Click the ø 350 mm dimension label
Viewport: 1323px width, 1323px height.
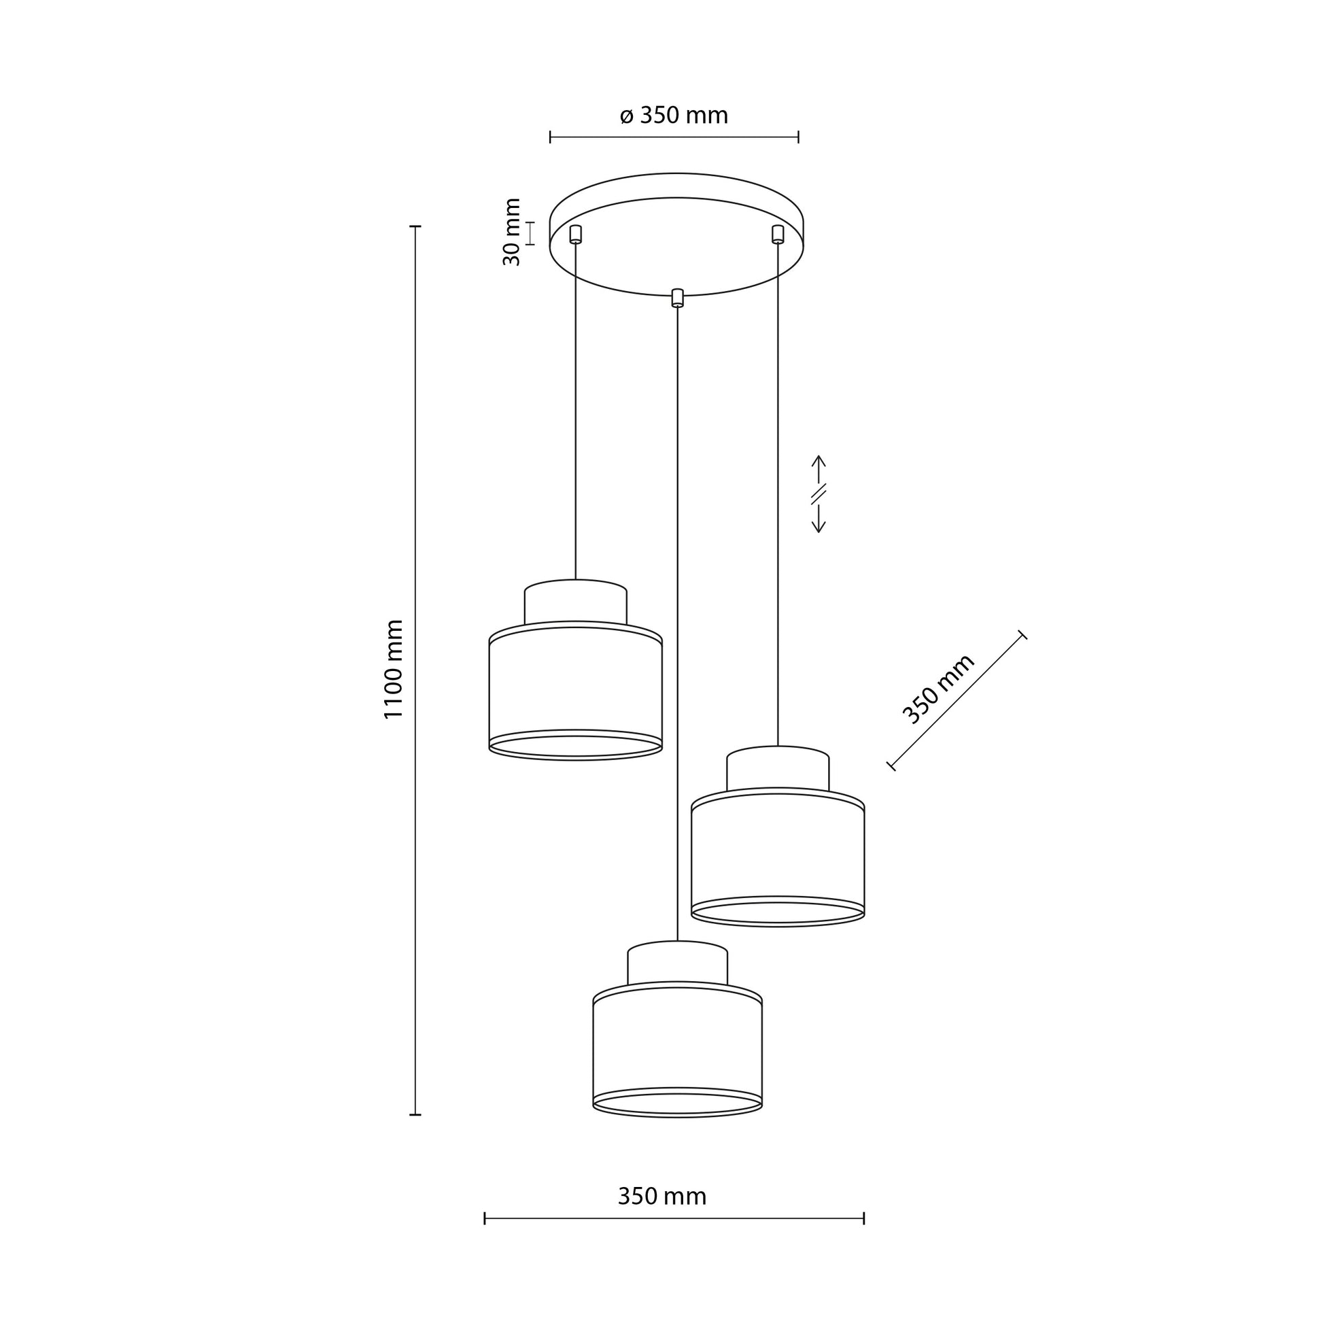click(x=674, y=116)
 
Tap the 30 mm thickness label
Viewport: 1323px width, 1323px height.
click(x=512, y=232)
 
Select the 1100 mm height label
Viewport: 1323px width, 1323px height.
click(x=394, y=669)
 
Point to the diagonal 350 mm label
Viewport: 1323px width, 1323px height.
click(x=938, y=689)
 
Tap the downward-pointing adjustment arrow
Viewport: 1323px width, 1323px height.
click(x=819, y=518)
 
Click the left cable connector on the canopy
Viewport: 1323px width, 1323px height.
click(x=575, y=234)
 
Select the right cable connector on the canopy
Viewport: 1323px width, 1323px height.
click(x=777, y=233)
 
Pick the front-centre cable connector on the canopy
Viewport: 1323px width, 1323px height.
click(x=677, y=297)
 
